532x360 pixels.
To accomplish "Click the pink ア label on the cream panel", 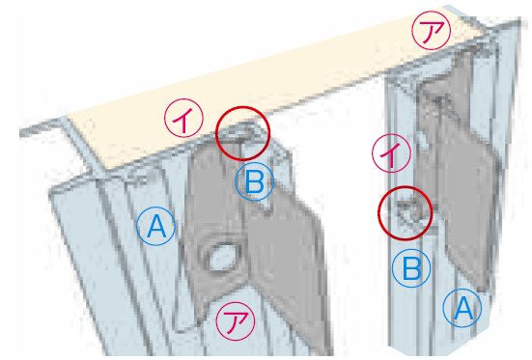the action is click(431, 31).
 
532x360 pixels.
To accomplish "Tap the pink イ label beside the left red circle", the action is click(183, 118).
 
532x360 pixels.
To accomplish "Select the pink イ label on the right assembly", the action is click(391, 153).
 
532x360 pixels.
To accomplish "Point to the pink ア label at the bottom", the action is click(236, 321).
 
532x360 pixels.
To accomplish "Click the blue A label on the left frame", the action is click(155, 226).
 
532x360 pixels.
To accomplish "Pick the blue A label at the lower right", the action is click(462, 308).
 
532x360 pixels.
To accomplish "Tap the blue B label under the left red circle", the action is click(254, 181).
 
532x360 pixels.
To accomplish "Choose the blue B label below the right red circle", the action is click(411, 268).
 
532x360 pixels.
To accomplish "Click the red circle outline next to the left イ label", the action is click(242, 107).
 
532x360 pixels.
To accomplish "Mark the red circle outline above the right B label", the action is click(406, 187).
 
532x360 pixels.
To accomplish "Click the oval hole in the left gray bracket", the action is click(222, 258).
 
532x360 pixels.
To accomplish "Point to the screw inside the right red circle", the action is click(408, 212).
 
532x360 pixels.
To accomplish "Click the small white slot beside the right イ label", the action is click(424, 140).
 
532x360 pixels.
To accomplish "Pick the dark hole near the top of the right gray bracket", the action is click(439, 100).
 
